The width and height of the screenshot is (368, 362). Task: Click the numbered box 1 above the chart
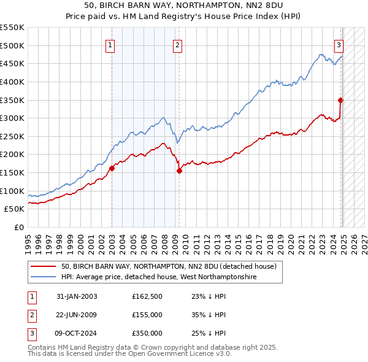pos(110,44)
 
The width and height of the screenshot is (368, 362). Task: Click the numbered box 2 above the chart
pos(177,44)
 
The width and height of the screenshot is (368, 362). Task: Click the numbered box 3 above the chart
pos(339,44)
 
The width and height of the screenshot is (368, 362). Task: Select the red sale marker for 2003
pos(112,168)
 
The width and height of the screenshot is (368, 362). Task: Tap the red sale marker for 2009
pos(179,171)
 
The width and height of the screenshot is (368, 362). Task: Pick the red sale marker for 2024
pos(340,100)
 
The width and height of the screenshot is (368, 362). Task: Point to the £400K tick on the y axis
pos(13,82)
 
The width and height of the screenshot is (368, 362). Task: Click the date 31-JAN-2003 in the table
pos(77,296)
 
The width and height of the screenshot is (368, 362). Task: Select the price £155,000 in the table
pos(147,315)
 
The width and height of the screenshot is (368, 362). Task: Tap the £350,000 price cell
pos(147,333)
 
